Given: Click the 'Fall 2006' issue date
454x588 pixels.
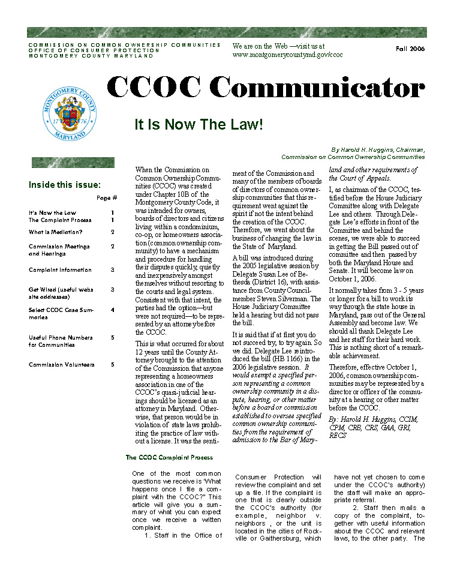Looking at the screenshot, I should tap(410, 49).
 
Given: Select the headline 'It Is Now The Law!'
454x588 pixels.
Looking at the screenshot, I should tap(199, 125).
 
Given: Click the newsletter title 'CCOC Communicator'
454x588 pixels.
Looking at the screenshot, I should tap(266, 89).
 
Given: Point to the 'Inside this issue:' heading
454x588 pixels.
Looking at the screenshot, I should tap(65, 185).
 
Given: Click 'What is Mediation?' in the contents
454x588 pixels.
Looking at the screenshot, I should tap(55, 232).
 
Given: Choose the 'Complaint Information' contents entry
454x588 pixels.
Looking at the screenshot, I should tap(60, 270).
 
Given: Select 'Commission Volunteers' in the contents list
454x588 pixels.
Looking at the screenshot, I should tap(62, 364).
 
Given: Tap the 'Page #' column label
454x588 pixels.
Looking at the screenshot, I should tap(107, 198).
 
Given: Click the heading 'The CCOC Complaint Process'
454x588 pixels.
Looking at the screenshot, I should tap(169, 457).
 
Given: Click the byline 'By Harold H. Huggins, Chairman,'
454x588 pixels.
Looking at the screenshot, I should tap(378, 150).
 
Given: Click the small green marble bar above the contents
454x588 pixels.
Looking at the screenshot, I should tap(73, 163).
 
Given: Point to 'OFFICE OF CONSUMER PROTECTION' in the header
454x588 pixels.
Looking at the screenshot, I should tap(94, 50).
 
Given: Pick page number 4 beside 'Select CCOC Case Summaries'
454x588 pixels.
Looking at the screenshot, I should tap(113, 310).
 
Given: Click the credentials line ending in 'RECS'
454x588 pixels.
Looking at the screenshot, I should tap(337, 436).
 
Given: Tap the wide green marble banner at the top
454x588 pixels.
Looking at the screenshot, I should tap(227, 32).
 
